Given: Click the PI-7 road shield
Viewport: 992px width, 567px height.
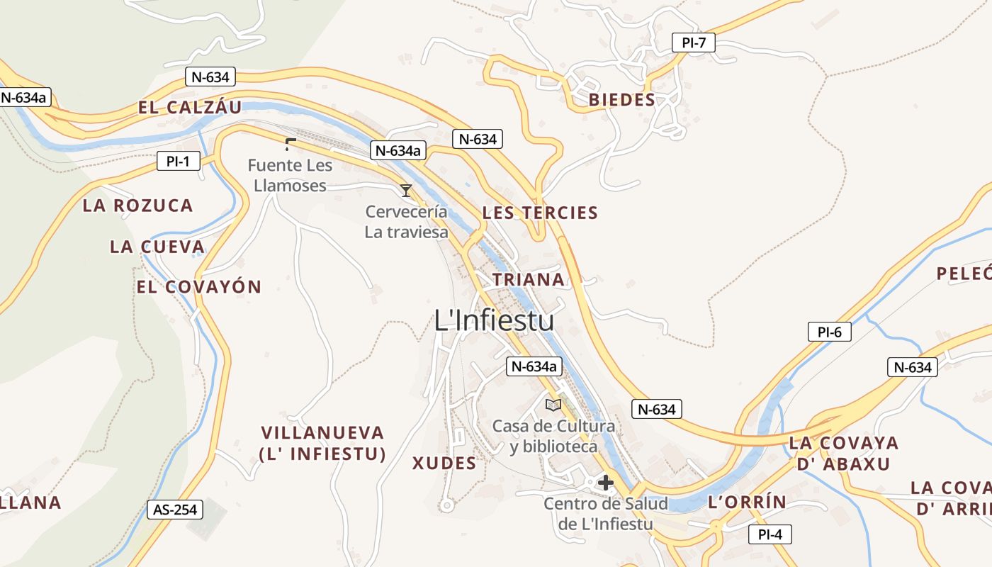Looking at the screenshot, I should (694, 43).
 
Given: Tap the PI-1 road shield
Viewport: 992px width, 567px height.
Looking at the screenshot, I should (178, 162).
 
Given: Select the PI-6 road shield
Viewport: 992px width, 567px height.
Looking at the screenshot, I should (829, 331).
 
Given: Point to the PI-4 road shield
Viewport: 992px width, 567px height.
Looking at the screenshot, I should (770, 534).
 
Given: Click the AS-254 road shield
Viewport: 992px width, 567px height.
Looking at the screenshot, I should (175, 509).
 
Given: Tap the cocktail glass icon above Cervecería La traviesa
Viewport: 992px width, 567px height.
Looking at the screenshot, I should (406, 190).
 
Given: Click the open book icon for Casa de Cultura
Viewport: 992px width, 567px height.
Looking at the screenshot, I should (553, 405).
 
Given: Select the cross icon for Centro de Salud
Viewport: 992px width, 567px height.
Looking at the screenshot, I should (605, 483).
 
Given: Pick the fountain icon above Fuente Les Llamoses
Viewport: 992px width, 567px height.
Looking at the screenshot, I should (289, 145).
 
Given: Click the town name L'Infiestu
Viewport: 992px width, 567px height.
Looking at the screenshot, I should (494, 321).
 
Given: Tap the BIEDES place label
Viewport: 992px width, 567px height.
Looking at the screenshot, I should (622, 100).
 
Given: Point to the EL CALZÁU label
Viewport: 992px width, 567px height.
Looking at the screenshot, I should (190, 108).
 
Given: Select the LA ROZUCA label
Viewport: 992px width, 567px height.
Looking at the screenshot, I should (137, 206).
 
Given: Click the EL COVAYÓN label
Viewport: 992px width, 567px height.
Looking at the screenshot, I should (199, 287).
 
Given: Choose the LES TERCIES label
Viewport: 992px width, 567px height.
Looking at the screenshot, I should (540, 213).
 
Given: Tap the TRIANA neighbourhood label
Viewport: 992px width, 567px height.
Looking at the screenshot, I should (529, 279).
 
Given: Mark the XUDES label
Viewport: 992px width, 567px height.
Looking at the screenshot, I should (444, 464).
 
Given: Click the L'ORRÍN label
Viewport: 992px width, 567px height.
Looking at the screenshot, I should (747, 502).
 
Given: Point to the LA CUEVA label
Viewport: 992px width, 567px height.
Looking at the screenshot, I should (157, 247).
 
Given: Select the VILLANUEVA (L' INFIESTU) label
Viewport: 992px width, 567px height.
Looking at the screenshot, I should (323, 443).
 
